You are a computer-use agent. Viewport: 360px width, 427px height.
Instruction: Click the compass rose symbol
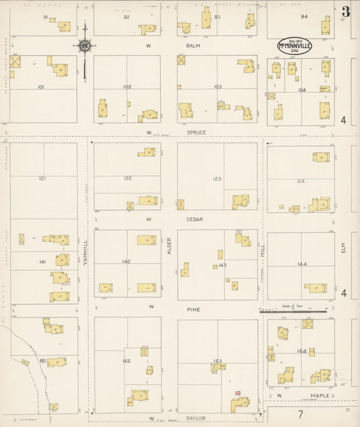click(85, 46)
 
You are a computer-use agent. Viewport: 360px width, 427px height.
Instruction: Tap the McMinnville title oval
click(295, 45)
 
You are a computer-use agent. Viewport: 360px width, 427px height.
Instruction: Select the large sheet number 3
click(346, 11)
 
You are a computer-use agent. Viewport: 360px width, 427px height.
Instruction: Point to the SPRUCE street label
click(197, 132)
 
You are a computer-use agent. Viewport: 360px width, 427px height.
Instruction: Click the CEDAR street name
click(195, 220)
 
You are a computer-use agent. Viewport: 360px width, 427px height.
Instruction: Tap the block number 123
click(217, 179)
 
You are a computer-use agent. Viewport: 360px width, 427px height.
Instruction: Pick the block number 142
click(126, 261)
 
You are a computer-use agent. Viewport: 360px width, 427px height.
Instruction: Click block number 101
click(41, 87)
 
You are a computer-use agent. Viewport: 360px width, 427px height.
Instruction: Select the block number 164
click(301, 351)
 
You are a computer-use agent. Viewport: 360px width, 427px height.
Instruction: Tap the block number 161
click(42, 361)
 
